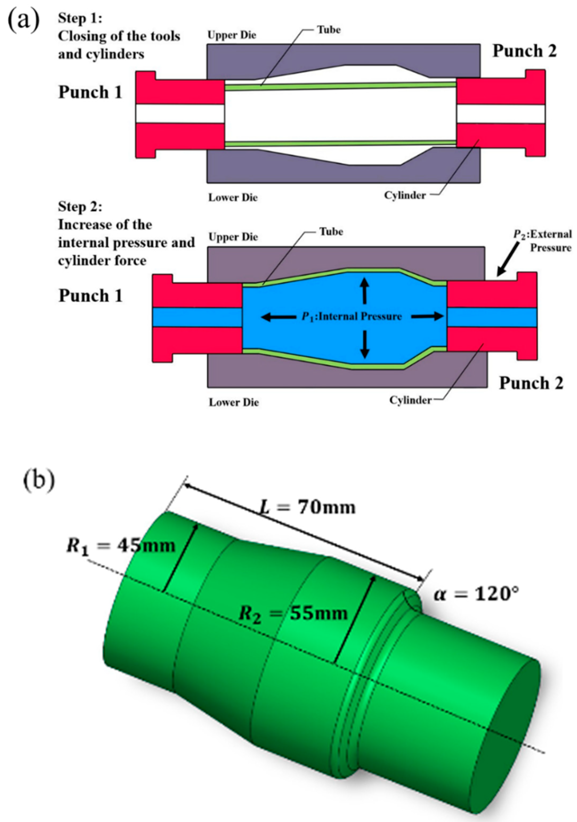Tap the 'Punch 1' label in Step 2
coord(91,296)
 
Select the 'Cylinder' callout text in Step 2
coord(410,400)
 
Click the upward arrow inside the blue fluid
coord(364,291)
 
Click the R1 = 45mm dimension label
coord(121,546)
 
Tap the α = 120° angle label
coord(476,594)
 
